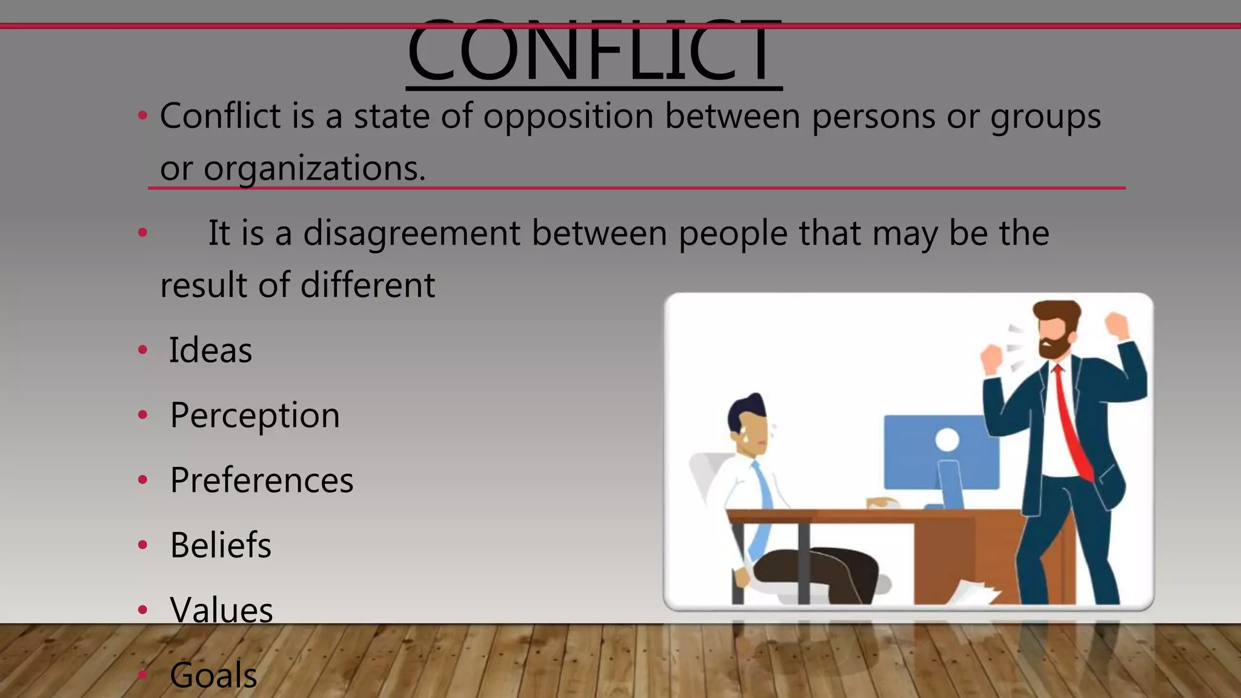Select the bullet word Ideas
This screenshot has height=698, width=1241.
(x=210, y=350)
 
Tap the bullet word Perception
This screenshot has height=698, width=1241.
(x=255, y=416)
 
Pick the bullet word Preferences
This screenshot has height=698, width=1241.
(x=262, y=480)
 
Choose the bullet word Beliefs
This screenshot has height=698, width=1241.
(x=221, y=545)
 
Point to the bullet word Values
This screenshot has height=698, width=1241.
(x=221, y=610)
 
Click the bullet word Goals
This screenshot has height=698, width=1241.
(x=213, y=675)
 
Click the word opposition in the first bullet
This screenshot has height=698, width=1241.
(x=568, y=116)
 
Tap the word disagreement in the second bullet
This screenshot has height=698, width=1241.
(x=411, y=233)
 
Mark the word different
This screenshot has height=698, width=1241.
(x=367, y=285)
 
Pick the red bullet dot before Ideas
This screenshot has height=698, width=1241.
(x=143, y=350)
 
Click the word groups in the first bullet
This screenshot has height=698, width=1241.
(x=1045, y=116)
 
